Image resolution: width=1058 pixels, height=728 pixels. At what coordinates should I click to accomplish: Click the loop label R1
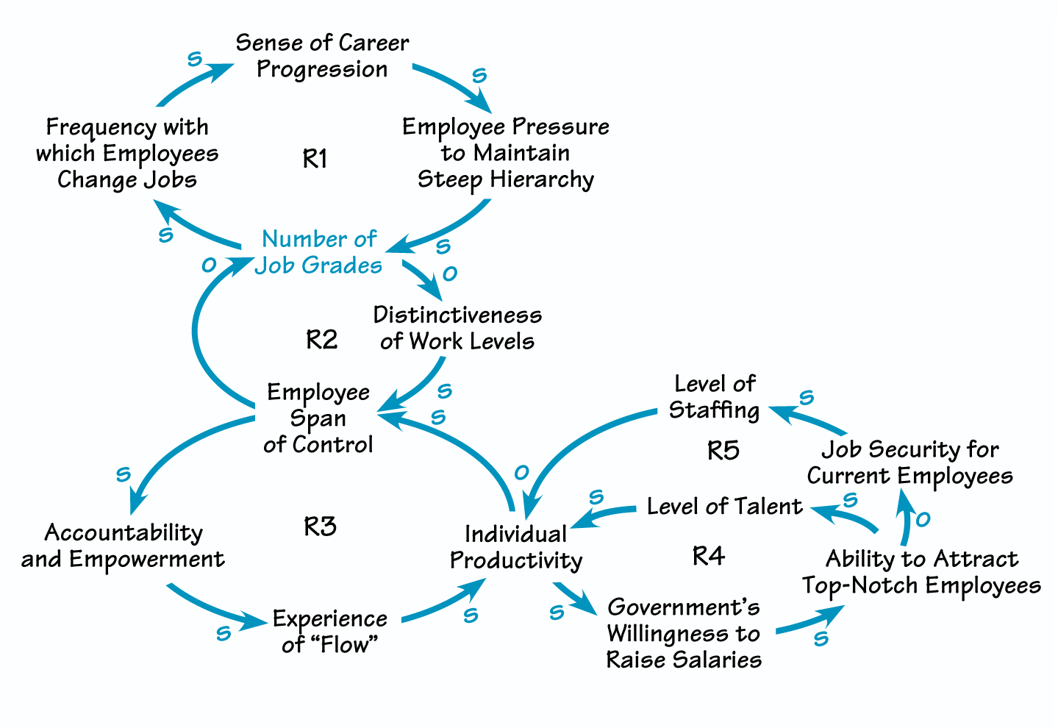315,159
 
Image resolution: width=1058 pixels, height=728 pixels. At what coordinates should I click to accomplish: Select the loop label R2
321,340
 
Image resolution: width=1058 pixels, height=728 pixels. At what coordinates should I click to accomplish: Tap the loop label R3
320,527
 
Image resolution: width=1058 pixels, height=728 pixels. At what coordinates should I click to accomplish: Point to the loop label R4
709,556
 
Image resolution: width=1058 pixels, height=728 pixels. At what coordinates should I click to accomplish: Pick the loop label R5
723,450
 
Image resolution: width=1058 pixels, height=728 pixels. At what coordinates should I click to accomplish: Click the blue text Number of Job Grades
318,252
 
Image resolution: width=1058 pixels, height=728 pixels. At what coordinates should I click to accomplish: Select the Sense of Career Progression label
322,56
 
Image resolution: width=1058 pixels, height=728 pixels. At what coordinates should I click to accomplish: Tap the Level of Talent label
724,507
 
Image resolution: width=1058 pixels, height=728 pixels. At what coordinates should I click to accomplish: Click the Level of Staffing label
714,397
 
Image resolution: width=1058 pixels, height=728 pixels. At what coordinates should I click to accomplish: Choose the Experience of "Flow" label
329,632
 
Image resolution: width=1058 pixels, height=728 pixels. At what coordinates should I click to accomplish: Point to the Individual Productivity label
515,547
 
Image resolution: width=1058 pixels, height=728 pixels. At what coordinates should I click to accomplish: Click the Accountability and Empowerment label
123,546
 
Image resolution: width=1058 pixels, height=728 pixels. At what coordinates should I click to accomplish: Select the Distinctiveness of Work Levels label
457,328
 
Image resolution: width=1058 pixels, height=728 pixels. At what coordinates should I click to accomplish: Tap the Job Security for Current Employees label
909,463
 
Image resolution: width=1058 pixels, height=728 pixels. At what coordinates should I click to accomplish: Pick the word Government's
684,607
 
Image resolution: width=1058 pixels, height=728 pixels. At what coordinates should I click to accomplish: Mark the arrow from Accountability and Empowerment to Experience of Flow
213,610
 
